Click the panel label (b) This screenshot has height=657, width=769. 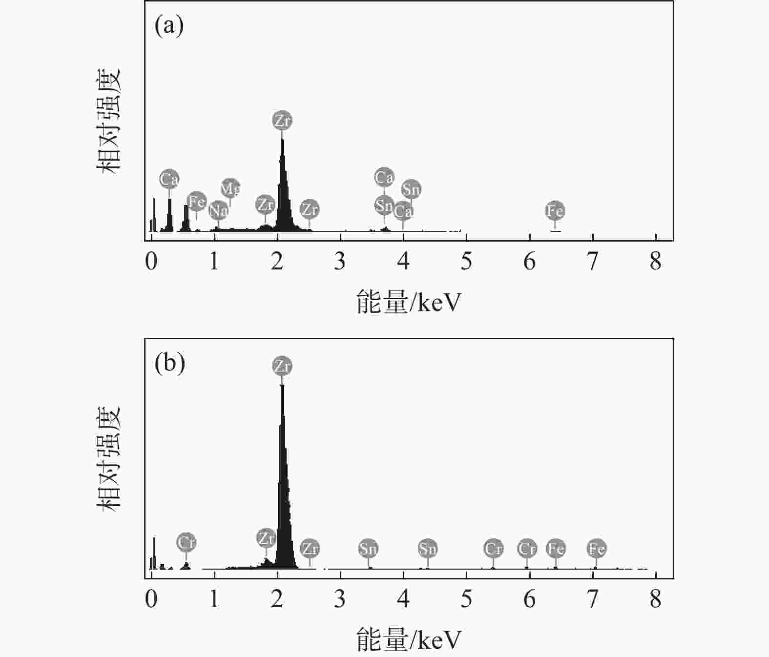point(169,363)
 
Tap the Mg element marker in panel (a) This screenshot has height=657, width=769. point(230,188)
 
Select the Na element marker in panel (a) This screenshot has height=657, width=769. point(218,210)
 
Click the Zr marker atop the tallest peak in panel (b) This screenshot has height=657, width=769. point(282,366)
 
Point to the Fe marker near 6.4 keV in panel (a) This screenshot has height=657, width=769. point(555,211)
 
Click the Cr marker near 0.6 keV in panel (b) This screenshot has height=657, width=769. point(186,542)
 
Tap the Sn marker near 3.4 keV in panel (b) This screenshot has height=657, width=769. point(368,549)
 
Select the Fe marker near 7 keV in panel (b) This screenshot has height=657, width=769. point(596,549)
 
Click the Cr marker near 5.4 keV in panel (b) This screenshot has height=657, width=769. point(493,549)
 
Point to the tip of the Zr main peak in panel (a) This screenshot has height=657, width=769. point(282,140)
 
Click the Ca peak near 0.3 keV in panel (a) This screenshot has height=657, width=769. point(169,215)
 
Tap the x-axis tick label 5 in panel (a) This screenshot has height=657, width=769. point(466,262)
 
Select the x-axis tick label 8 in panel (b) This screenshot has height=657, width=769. point(655,599)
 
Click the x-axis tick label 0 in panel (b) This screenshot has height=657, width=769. point(151,599)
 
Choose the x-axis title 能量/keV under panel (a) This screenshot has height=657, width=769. point(409,303)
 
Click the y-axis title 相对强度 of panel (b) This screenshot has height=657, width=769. point(108,458)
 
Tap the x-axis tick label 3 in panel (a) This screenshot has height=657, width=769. point(340,262)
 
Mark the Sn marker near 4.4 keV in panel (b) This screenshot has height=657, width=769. point(427,549)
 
